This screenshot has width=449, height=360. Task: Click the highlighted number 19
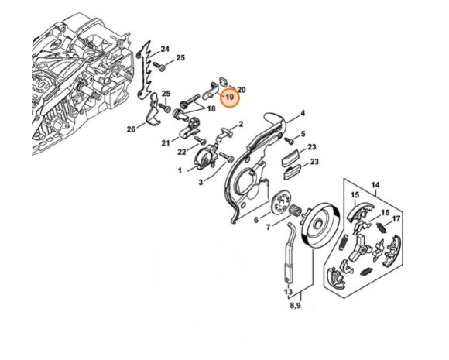(230, 98)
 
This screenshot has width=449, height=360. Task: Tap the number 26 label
(131, 128)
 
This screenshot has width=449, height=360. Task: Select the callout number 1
(180, 170)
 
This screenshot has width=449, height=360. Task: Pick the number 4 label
(303, 113)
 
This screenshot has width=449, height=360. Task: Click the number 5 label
(303, 134)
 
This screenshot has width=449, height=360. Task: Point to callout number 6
(256, 220)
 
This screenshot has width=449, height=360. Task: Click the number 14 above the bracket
(375, 184)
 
